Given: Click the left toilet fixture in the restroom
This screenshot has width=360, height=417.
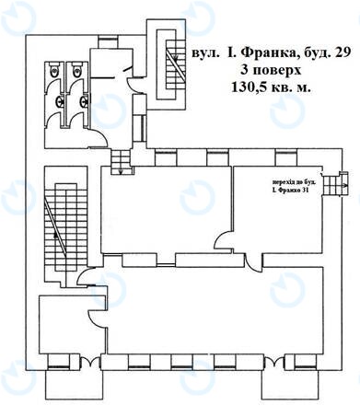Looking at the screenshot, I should tap(57, 70).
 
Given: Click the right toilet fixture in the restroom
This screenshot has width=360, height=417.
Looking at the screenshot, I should tap(79, 70).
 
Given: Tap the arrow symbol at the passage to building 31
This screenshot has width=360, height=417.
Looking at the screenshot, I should tap(342, 186).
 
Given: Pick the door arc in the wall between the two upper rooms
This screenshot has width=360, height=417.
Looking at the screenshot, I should tap(223, 243).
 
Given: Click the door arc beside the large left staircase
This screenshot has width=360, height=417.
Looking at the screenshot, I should tap(84, 275).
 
